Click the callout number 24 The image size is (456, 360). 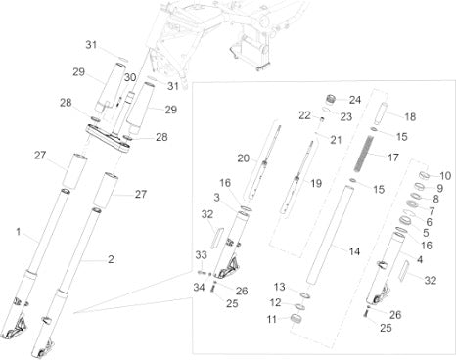click(x=355, y=100)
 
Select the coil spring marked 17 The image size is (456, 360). click(x=362, y=154)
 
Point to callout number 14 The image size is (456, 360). click(x=354, y=251)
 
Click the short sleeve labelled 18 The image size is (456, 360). click(x=381, y=113)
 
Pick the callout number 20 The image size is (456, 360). click(x=243, y=158)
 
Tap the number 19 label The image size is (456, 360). click(x=316, y=183)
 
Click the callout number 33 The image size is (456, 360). click(x=202, y=254)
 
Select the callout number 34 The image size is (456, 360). click(x=199, y=287)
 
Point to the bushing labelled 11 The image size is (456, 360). click(x=296, y=319)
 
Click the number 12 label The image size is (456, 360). click(x=275, y=302)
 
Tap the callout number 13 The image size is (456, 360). click(x=279, y=287)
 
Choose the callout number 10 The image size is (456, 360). click(x=445, y=176)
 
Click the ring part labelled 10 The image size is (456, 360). click(x=424, y=175)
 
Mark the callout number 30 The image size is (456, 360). click(x=130, y=77)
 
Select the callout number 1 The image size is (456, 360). click(x=19, y=232)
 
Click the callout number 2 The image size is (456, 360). click(x=111, y=259)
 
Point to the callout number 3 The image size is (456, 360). click(x=217, y=198)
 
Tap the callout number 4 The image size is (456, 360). click(x=420, y=259)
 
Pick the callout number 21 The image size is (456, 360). click(x=336, y=140)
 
